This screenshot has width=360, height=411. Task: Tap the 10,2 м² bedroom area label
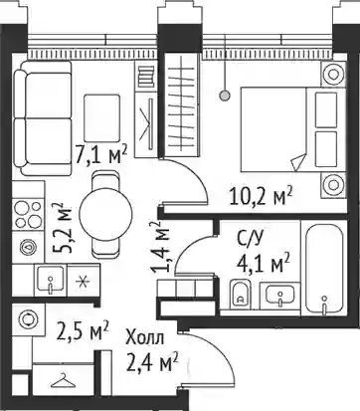pos(261,196)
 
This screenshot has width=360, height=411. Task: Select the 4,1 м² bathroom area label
pos(263,263)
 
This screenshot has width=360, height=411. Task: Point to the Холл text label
pos(144,339)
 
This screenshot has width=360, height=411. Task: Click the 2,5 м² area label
pos(83,331)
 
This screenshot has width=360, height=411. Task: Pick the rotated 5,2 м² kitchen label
pos(63,228)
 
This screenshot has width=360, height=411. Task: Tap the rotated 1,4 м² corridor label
pos(159,247)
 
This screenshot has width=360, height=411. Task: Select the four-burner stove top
pos(28,214)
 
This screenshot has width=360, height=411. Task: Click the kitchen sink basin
pos(51,281)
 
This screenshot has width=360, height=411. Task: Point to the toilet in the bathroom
pos(240,294)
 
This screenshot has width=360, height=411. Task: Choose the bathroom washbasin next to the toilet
pos(280,295)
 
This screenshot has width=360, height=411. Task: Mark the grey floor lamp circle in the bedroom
pos(225,96)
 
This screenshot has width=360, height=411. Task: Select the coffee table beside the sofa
pos(101,118)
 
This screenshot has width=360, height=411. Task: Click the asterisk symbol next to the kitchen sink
pos(83,281)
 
